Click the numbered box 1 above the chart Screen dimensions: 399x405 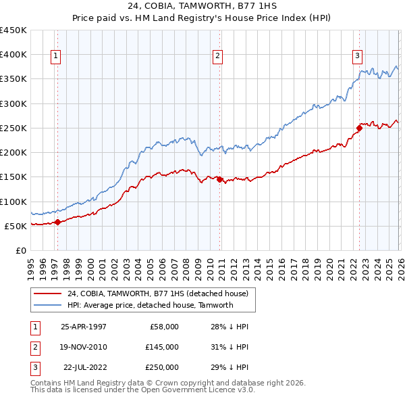tap(55, 57)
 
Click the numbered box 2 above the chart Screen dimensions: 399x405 tap(218, 57)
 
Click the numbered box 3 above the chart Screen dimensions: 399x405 tap(357, 57)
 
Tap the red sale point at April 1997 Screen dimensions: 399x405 tap(58, 221)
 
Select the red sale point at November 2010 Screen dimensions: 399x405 tap(220, 179)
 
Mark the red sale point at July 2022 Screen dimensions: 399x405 tap(359, 128)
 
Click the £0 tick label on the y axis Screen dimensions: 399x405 tap(20, 250)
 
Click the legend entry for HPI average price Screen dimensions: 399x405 tap(150, 305)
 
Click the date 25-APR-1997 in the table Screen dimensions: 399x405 tap(84, 327)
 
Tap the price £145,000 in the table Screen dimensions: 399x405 tap(162, 347)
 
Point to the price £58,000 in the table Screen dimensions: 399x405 tap(164, 327)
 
